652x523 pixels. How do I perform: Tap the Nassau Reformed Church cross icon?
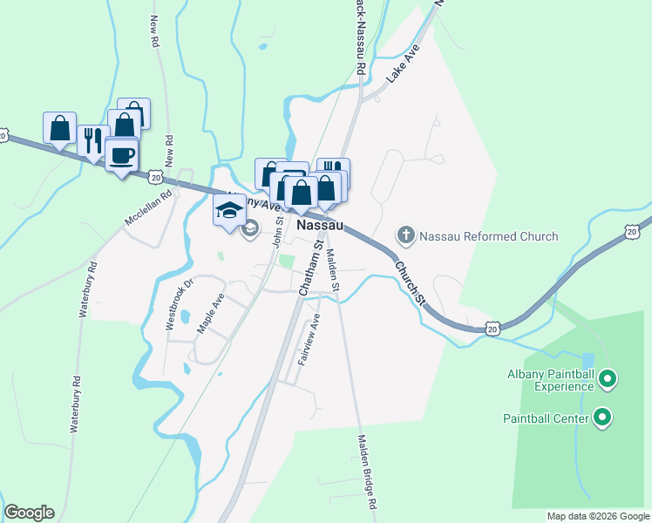click(405, 235)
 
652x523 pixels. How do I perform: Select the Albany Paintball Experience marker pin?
click(609, 379)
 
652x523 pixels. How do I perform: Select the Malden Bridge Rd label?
click(367, 472)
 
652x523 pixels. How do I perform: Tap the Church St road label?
click(409, 283)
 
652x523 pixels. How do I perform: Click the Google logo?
click(29, 513)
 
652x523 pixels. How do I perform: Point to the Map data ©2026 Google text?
click(597, 516)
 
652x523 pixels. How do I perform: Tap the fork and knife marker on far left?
click(92, 140)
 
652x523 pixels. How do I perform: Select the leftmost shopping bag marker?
click(59, 128)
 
